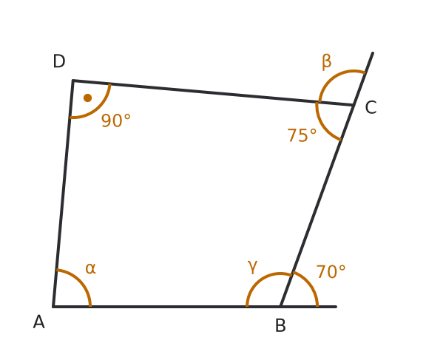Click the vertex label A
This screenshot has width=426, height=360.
click(39, 322)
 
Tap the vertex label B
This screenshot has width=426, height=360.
click(280, 325)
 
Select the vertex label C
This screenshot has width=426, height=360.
click(371, 107)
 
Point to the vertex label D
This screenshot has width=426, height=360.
click(59, 61)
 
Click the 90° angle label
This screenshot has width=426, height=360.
click(115, 120)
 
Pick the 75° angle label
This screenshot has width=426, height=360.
click(302, 135)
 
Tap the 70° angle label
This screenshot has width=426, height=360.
click(331, 271)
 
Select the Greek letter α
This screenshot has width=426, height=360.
click(90, 268)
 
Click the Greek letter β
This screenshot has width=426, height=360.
click(327, 62)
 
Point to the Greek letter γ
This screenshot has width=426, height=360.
click(252, 267)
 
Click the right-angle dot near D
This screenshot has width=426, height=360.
click(87, 98)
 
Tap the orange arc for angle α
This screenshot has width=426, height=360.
click(80, 280)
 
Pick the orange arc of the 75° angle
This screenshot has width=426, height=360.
click(322, 124)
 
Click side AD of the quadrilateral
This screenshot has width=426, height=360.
click(64, 193)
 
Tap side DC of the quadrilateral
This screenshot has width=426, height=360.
click(213, 92)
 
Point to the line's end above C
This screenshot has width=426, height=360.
click(373, 53)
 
